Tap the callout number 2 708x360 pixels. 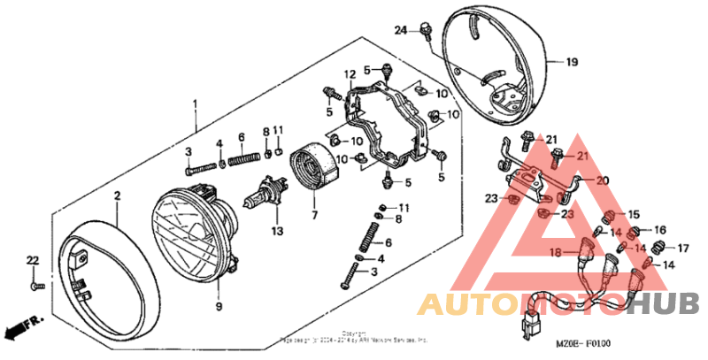(116, 195)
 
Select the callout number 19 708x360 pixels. (571, 63)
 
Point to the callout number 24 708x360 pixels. (400, 30)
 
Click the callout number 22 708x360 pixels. (33, 259)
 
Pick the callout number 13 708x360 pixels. (276, 231)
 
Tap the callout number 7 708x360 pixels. (313, 214)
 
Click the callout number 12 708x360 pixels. (350, 73)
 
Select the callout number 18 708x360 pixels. (555, 252)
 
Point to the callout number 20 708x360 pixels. (603, 180)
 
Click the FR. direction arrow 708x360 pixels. (19, 328)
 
